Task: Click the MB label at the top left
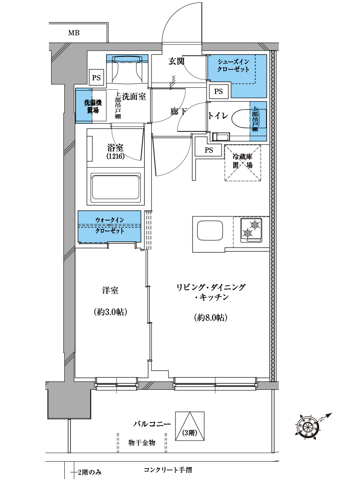[74, 33]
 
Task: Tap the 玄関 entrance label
[176, 61]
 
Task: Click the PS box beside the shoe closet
[218, 92]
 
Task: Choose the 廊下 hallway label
[179, 112]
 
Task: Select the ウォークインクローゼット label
[109, 225]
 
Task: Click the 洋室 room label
[110, 291]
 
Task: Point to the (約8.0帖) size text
[211, 318]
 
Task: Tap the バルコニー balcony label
[151, 424]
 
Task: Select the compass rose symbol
[309, 426]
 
